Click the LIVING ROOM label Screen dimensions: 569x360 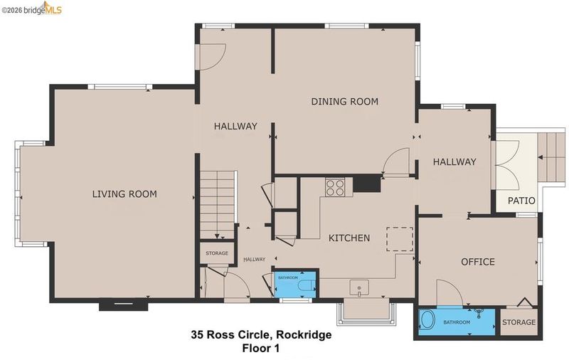pyautogui.click(x=124, y=194)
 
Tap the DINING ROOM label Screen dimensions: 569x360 pyautogui.click(x=345, y=101)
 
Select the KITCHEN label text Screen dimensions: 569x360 pyautogui.click(x=349, y=238)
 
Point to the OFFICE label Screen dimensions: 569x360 pyautogui.click(x=477, y=262)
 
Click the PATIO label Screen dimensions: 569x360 pyautogui.click(x=521, y=201)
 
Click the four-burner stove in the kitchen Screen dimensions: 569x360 pyautogui.click(x=334, y=188)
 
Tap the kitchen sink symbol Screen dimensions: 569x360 pyautogui.click(x=359, y=287)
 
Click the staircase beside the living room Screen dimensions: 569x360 pyautogui.click(x=218, y=204)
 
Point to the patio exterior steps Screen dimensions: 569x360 pyautogui.click(x=551, y=157)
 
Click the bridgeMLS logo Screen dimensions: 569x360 pyautogui.click(x=31, y=9)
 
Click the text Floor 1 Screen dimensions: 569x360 pyautogui.click(x=261, y=349)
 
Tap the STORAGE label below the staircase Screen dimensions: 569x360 pyautogui.click(x=217, y=253)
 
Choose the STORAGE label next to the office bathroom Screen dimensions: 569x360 pyautogui.click(x=519, y=322)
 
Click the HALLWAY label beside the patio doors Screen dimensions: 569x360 pyautogui.click(x=454, y=162)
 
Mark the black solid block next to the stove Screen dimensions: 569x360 pyautogui.click(x=367, y=184)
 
